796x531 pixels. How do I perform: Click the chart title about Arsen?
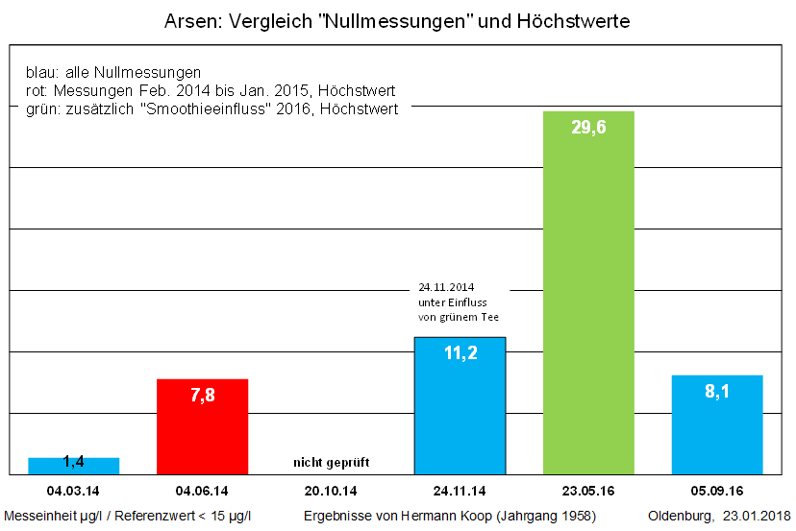tap(397, 20)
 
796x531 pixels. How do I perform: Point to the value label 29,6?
tap(588, 128)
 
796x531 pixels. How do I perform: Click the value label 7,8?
tap(202, 396)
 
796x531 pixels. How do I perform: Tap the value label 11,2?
tap(459, 353)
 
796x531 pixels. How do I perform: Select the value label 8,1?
tap(716, 392)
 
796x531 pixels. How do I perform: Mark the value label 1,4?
tap(73, 462)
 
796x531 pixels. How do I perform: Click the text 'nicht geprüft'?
tap(331, 463)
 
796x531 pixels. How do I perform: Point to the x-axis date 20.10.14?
tap(331, 489)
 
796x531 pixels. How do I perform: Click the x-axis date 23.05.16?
tap(588, 489)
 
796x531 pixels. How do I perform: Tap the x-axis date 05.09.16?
tap(716, 489)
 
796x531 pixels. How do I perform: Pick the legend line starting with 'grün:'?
tap(211, 109)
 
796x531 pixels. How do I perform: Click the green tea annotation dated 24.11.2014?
tap(459, 302)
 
